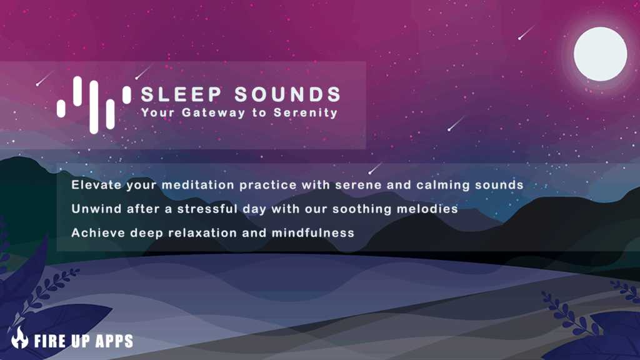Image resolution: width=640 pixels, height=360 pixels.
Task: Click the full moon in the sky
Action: (601, 54)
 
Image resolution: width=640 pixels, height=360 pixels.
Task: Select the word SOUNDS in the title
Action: (287, 94)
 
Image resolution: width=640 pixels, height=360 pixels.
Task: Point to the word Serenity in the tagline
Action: (306, 112)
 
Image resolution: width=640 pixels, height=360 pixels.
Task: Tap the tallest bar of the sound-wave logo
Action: (94, 107)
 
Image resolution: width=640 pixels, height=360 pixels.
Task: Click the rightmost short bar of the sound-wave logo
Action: (127, 95)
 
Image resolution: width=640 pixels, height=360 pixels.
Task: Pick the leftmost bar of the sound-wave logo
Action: (61, 109)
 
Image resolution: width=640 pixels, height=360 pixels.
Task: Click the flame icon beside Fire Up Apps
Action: (19, 337)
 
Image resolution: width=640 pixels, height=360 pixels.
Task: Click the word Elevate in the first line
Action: (97, 185)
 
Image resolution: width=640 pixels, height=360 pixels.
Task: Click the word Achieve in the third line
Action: (98, 233)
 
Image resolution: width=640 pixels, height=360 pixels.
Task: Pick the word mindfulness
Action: (313, 233)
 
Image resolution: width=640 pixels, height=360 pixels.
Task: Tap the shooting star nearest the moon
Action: (527, 31)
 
